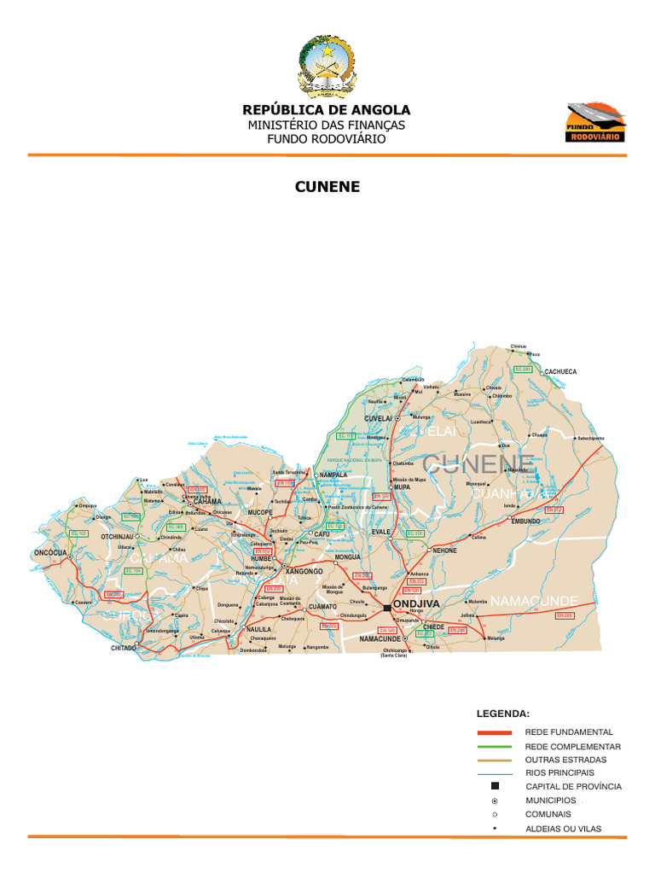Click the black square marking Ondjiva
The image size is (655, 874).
click(x=387, y=607)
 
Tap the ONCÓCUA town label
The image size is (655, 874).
click(x=50, y=551)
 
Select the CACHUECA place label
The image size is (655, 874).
click(x=560, y=372)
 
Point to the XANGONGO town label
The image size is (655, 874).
click(x=304, y=571)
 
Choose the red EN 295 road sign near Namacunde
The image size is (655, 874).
click(x=565, y=615)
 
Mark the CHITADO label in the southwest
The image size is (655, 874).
click(x=124, y=649)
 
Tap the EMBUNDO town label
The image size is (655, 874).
click(x=525, y=521)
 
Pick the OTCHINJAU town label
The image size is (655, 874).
click(x=117, y=537)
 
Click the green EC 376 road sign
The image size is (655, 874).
click(x=415, y=533)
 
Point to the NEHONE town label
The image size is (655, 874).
click(x=444, y=551)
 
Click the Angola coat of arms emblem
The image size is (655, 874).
click(x=327, y=66)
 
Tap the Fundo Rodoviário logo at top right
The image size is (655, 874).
click(x=596, y=122)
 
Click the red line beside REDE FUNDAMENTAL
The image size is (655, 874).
click(x=495, y=732)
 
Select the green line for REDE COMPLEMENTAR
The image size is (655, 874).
click(x=495, y=746)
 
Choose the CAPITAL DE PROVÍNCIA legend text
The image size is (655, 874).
click(x=573, y=786)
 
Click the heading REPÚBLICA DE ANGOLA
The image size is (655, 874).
click(x=327, y=110)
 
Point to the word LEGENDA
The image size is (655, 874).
click(x=502, y=712)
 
